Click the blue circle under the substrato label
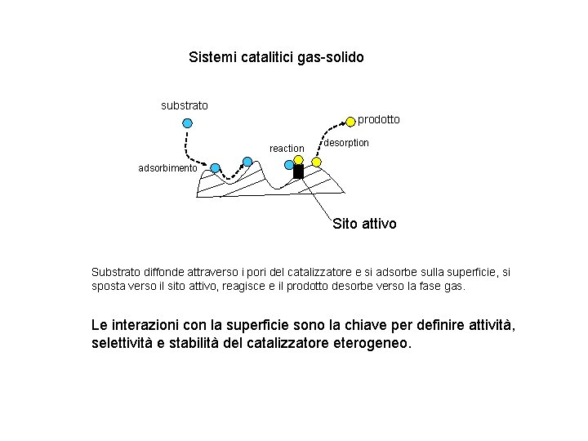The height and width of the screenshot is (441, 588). [x=187, y=123]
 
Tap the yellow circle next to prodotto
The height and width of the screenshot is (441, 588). [x=350, y=122]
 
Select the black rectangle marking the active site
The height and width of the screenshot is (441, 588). [x=298, y=171]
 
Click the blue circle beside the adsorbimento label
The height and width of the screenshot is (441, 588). [x=215, y=168]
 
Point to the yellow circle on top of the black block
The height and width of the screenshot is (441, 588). [x=289, y=163]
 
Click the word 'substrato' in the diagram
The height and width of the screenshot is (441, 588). [x=184, y=105]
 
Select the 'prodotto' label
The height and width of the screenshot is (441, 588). [x=379, y=119]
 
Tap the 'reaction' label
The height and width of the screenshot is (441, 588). [x=287, y=148]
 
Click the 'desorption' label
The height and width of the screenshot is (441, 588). [x=346, y=143]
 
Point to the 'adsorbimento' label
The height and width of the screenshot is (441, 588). [x=167, y=168]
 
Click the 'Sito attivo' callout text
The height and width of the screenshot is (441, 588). [x=364, y=223]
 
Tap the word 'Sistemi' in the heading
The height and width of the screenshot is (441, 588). [x=210, y=58]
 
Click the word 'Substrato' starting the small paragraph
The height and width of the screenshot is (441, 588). [x=116, y=272]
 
